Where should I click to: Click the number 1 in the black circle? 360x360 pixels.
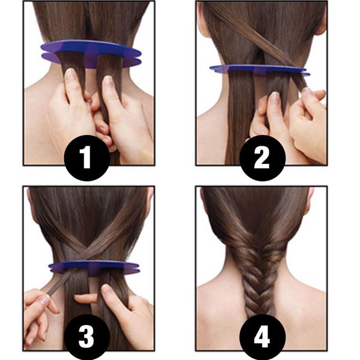click(88, 157)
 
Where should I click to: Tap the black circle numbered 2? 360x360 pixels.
click(262, 157)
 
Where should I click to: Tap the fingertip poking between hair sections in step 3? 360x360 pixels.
click(84, 298)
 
